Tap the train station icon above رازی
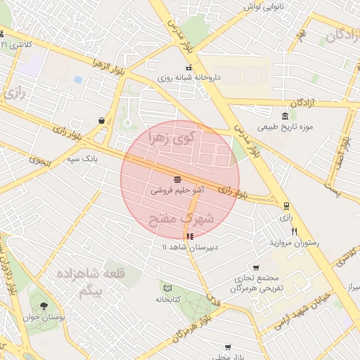click(x=286, y=206)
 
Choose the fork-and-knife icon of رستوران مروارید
click(x=295, y=231)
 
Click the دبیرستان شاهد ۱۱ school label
click(x=191, y=247)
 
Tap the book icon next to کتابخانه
click(x=167, y=288)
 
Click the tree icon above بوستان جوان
click(x=44, y=307)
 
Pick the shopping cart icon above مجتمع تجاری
click(x=255, y=267)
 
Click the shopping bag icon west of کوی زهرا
click(x=103, y=120)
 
